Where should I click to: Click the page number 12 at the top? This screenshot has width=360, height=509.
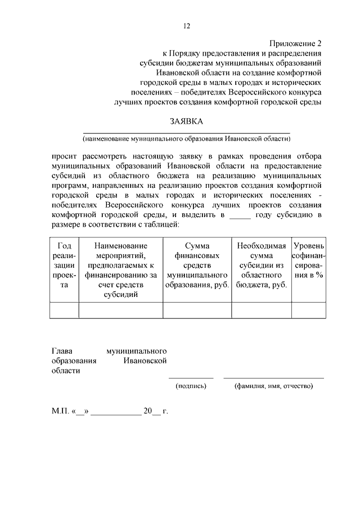pyautogui.click(x=187, y=26)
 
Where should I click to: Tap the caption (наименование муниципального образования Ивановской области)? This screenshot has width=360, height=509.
pyautogui.click(x=187, y=138)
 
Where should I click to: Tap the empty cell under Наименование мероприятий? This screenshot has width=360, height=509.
pyautogui.click(x=120, y=310)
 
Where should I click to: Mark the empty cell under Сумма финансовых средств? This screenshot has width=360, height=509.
pyautogui.click(x=197, y=310)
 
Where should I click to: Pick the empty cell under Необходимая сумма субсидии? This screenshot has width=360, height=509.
pyautogui.click(x=261, y=310)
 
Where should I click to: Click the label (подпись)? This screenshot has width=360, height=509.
pyautogui.click(x=191, y=386)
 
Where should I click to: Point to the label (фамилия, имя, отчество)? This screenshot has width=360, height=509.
pyautogui.click(x=273, y=386)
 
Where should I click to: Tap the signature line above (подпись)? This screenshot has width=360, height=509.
pyautogui.click(x=191, y=377)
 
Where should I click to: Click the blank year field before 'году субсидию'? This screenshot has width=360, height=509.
pyautogui.click(x=240, y=217)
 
